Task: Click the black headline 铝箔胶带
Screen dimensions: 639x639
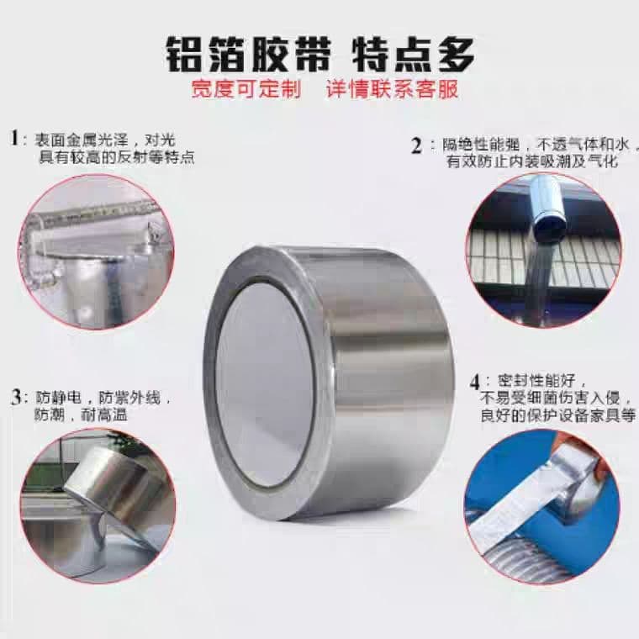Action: [x=247, y=55]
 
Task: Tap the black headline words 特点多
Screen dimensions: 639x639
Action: [x=413, y=55]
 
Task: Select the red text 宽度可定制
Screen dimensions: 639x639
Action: [x=246, y=89]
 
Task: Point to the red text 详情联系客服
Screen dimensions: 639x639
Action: [x=393, y=89]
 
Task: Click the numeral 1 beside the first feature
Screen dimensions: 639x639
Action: [x=14, y=138]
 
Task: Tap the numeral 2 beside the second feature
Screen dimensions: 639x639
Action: [x=416, y=146]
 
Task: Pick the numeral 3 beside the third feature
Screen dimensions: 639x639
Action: [x=15, y=398]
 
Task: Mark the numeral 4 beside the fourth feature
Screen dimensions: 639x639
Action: [x=475, y=383]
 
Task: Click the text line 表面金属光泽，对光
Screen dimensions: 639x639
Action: [x=105, y=140]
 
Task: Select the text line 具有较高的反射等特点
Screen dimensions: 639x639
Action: [x=117, y=157]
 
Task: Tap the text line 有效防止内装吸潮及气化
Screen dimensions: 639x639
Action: [x=532, y=161]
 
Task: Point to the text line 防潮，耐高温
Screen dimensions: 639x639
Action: [x=81, y=415]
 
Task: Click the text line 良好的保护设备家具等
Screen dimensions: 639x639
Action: [x=558, y=415]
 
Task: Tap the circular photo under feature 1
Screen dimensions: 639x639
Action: [x=96, y=251]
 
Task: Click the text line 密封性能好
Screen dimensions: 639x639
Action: [x=542, y=382]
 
